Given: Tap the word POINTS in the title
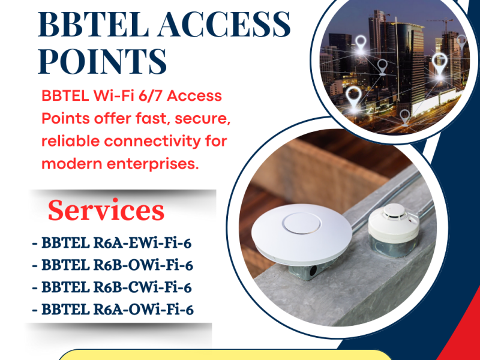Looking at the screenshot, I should coord(102,61).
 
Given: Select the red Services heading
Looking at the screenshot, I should coord(106,211).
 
